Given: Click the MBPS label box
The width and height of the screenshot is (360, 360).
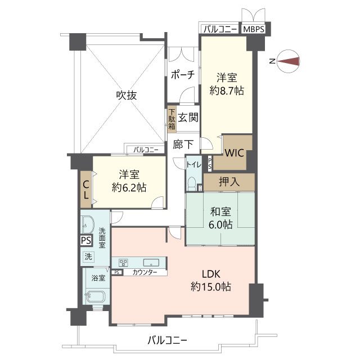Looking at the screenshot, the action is (x=254, y=29).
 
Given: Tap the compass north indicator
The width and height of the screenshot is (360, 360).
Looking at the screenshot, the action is (x=288, y=61).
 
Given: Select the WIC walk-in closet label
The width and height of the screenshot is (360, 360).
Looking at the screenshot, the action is (x=234, y=152).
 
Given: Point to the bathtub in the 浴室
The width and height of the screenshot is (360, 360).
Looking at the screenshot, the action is (x=96, y=296).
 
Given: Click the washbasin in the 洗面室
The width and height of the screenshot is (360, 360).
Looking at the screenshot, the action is (x=88, y=224).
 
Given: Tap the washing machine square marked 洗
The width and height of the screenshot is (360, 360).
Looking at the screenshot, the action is (x=88, y=256).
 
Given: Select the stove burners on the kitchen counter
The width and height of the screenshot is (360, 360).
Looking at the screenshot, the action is (x=123, y=263).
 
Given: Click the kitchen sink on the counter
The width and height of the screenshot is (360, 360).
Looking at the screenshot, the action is (x=151, y=263).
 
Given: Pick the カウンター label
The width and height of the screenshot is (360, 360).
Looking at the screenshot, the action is (x=145, y=272).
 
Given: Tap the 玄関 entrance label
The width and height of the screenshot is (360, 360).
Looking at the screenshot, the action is (x=188, y=118).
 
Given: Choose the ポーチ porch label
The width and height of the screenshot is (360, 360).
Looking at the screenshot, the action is (x=183, y=75).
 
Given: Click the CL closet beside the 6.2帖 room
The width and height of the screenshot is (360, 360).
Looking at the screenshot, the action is (x=86, y=190).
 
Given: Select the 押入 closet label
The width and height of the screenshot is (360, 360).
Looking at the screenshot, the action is (x=229, y=182).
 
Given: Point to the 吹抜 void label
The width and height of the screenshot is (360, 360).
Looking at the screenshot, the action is (x=127, y=95).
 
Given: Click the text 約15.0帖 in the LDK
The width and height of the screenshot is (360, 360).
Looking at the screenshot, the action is (x=211, y=286).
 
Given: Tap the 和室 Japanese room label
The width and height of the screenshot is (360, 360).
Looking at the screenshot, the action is (x=220, y=211).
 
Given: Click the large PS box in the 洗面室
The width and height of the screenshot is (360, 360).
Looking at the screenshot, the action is (x=86, y=240).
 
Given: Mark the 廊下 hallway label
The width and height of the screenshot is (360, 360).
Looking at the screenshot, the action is (x=183, y=145).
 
